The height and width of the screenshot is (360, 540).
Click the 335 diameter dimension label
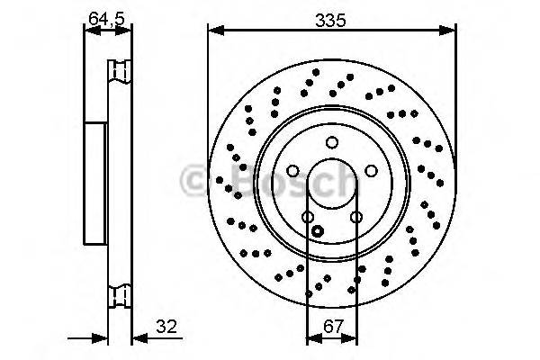[331, 18]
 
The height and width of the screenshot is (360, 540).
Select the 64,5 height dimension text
[107, 16]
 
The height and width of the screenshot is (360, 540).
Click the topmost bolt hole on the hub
[331, 142]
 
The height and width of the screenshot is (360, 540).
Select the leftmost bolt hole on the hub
[292, 171]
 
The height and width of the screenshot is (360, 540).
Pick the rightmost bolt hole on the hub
[370, 171]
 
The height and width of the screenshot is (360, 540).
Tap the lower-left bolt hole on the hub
[307, 217]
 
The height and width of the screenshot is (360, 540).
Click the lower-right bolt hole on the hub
[355, 217]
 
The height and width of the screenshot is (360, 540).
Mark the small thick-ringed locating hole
[316, 229]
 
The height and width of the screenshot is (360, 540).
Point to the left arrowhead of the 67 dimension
[311, 338]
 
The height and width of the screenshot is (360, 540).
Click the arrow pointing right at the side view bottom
[101, 338]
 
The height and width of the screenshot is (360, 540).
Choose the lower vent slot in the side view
[119, 294]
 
